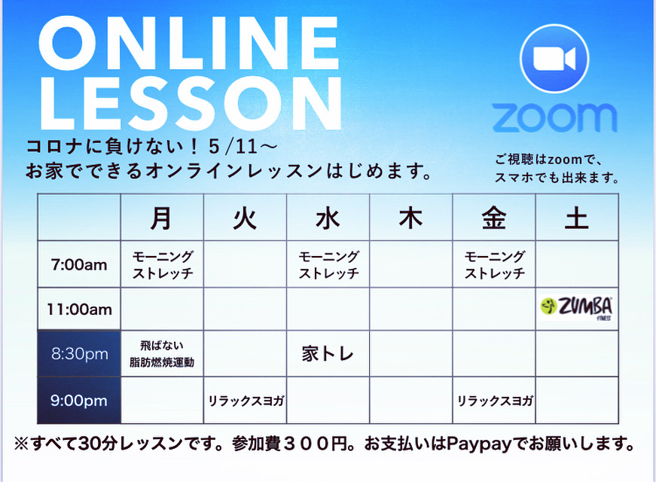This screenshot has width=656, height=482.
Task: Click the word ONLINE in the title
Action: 188,44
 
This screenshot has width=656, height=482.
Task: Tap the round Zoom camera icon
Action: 554,59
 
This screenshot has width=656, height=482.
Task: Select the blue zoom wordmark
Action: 554,118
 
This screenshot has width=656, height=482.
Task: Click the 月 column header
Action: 162,218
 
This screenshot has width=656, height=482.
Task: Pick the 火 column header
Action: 245,218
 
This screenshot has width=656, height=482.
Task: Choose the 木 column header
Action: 410,218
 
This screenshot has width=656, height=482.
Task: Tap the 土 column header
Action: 577,218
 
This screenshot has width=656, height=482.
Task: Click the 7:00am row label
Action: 79,265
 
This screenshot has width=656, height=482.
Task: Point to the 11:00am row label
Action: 79,310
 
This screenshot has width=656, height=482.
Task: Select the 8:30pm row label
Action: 80,354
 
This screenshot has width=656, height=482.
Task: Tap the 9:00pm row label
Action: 79,401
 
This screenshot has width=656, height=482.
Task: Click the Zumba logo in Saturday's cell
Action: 577,308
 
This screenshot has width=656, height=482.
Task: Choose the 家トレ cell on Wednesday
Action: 328,354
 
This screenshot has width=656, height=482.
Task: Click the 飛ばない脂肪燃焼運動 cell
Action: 162,354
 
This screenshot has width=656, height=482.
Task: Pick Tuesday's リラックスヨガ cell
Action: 246,401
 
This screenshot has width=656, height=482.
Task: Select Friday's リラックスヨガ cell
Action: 495,401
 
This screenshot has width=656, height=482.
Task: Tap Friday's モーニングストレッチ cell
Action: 495,265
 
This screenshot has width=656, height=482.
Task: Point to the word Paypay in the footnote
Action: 479,444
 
